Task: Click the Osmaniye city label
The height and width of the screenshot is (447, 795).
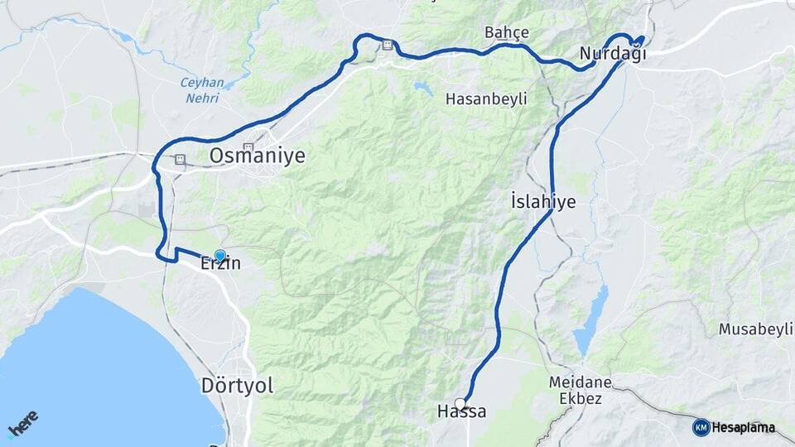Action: click(257, 155)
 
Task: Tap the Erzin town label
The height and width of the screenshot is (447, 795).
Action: click(220, 265)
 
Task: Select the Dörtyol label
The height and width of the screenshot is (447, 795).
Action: click(237, 385)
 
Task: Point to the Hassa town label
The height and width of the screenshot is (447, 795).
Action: click(461, 412)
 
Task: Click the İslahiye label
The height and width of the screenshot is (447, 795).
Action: click(542, 201)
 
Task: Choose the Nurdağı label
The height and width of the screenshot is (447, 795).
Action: click(612, 54)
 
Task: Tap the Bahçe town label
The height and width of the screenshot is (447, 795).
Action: click(507, 32)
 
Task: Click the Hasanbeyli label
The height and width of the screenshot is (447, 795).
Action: click(486, 99)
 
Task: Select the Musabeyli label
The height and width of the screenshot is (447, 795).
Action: click(756, 329)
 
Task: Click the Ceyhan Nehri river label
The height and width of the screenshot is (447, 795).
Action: click(200, 89)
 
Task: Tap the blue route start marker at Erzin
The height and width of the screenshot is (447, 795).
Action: click(219, 255)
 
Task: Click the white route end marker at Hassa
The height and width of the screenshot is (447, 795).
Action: click(460, 403)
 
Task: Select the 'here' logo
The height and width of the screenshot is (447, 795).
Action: click(23, 424)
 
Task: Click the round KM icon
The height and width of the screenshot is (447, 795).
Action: click(701, 427)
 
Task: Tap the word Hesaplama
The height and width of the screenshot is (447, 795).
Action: click(743, 428)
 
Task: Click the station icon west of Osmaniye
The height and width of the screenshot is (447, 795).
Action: click(180, 160)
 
